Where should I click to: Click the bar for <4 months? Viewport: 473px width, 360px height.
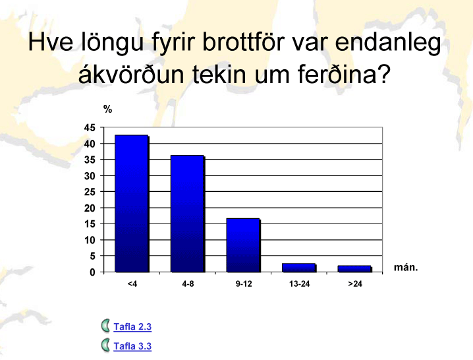tap(132, 204)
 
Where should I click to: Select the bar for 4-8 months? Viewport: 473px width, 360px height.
tap(188, 214)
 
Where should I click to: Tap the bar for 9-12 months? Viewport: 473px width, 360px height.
tap(244, 245)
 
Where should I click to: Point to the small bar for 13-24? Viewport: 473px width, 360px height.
tap(299, 268)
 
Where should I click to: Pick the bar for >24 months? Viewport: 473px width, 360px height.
tap(354, 269)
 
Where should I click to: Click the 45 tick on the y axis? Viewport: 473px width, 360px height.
tap(90, 128)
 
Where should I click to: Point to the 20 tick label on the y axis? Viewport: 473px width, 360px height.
tap(90, 208)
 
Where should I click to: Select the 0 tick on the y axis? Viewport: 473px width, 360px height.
tap(92, 272)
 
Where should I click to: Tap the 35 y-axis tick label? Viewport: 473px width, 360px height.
tap(90, 160)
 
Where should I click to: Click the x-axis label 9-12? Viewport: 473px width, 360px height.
tap(244, 284)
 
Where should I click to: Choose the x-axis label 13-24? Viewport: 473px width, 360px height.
tap(299, 284)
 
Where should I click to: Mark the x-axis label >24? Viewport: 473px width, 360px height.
tap(355, 284)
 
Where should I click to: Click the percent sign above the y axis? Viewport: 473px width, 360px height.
tap(107, 109)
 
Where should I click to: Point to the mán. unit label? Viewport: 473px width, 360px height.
tap(406, 267)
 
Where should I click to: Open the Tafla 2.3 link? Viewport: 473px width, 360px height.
tap(132, 327)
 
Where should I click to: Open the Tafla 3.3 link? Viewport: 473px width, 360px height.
tap(132, 346)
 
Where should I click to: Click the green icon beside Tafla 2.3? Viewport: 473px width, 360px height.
tap(105, 326)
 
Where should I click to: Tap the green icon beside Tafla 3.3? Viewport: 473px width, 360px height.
tap(105, 345)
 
